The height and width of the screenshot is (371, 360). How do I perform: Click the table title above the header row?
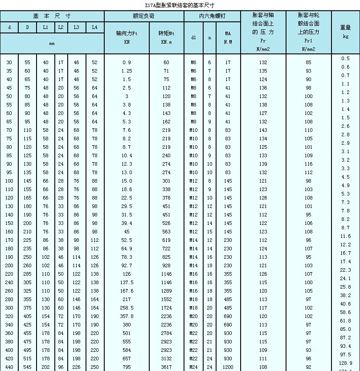click(x=180, y=5)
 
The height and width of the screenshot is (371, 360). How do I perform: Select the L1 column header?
click(x=45, y=27)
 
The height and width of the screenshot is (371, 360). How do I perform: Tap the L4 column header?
click(x=94, y=27)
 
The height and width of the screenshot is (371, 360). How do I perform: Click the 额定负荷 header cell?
click(x=144, y=16)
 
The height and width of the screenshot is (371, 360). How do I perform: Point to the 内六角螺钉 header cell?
click(x=212, y=16)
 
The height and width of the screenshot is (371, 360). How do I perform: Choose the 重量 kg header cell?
click(x=345, y=32)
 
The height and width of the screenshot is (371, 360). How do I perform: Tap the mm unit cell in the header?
click(x=52, y=44)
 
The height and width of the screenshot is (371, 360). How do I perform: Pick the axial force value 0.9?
click(x=127, y=62)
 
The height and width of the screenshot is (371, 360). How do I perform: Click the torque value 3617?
click(x=167, y=367)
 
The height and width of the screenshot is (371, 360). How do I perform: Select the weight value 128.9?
click(x=346, y=363)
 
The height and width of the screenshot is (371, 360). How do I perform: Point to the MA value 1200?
click(x=228, y=367)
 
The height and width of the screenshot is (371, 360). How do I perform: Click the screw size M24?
click(x=193, y=367)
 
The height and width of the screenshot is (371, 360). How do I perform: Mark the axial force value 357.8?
click(x=127, y=316)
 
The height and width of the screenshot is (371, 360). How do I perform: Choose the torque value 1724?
click(x=167, y=308)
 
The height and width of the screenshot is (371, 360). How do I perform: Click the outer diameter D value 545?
click(x=27, y=367)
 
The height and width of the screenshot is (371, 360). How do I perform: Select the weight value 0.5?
click(x=346, y=58)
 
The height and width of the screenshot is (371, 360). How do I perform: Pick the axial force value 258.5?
click(x=127, y=308)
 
